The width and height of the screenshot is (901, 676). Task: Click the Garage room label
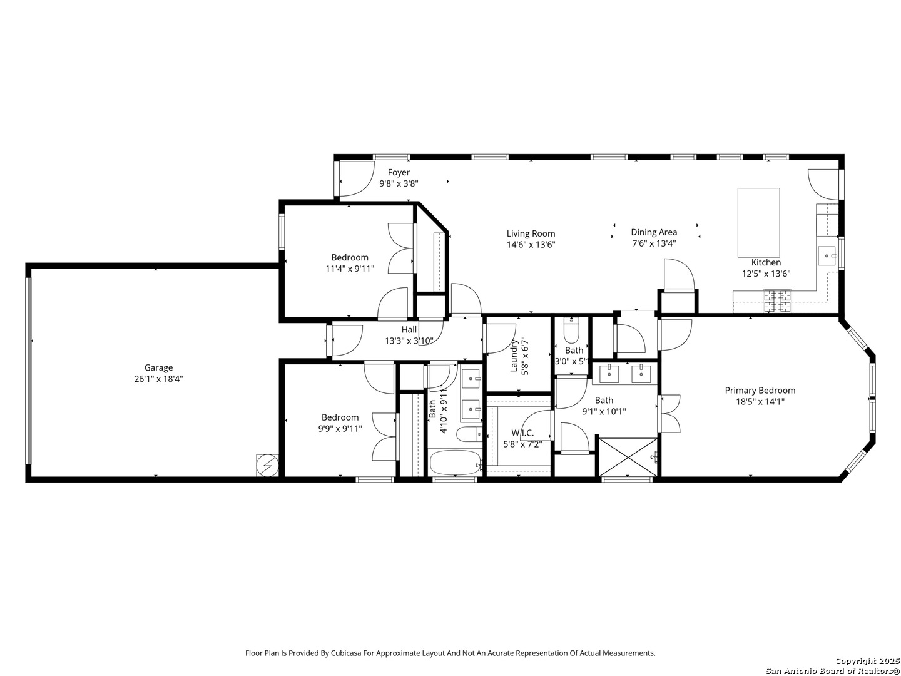point(158,368)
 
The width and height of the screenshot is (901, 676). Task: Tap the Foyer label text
point(399,172)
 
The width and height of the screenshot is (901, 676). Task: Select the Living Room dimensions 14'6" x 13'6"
point(531,245)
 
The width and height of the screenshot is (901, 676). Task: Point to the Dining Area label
point(654,232)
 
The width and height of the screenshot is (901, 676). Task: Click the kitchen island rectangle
point(758,223)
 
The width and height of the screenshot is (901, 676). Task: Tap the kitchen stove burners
point(777,300)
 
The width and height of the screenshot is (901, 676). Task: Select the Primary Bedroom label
point(760,391)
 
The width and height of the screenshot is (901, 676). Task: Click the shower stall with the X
point(628,457)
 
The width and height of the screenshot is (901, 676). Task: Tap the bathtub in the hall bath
point(456,463)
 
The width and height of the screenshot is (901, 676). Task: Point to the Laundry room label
point(514,356)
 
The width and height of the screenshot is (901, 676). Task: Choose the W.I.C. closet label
point(522,433)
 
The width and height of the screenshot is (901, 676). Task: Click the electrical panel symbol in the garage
point(267,465)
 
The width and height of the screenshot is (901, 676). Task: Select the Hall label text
point(409,330)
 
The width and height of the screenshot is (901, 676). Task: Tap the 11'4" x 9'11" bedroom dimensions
point(350,269)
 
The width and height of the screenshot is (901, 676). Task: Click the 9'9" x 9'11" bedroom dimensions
point(340,429)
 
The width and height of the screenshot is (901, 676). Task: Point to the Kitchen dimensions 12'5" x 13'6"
point(766,274)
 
